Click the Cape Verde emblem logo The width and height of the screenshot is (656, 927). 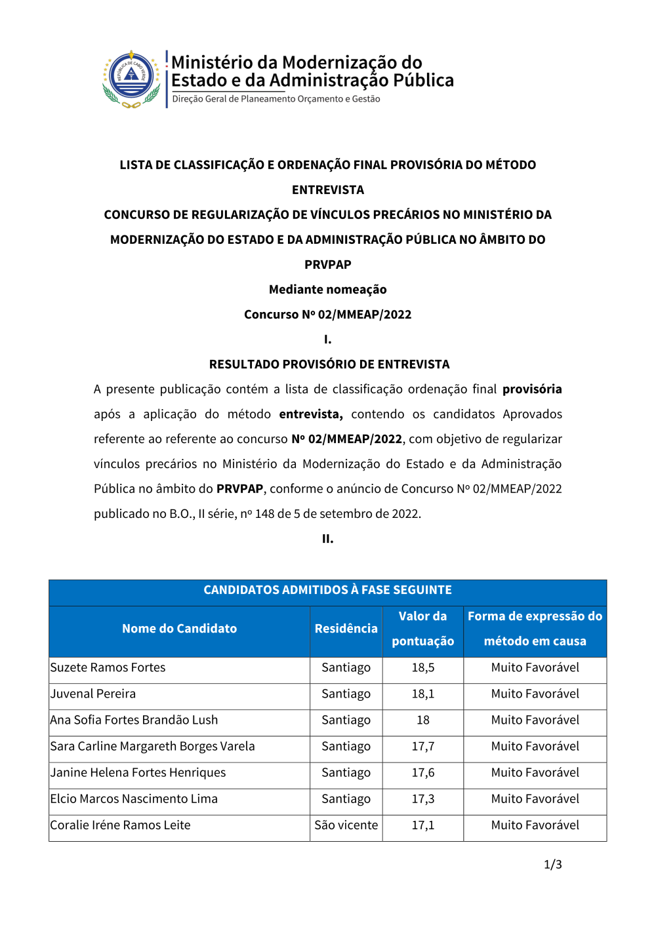tap(131, 79)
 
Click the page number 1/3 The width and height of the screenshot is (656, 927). tap(552, 864)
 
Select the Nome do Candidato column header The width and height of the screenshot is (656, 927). tap(179, 628)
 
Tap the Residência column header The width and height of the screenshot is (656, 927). tap(346, 628)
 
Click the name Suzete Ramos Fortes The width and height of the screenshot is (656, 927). tap(108, 667)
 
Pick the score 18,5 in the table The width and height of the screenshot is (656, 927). tap(423, 667)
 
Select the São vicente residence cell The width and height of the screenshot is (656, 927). tap(346, 825)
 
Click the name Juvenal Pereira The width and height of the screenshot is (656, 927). tap(93, 694)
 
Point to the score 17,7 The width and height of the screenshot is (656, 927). tap(423, 746)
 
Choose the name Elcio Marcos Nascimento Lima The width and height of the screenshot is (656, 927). tap(134, 799)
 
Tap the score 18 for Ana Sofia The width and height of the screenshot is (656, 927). tap(423, 720)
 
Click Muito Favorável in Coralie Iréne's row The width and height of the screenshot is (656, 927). tap(535, 825)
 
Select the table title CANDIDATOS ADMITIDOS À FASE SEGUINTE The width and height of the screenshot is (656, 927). tap(327, 589)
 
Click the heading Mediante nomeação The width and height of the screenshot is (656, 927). tap(327, 289)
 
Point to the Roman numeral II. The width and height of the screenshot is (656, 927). tap(327, 539)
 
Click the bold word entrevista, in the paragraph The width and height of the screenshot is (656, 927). tap(310, 414)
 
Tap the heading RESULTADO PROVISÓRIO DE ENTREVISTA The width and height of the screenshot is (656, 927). tap(329, 364)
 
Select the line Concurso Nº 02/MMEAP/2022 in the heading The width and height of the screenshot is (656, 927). tap(327, 314)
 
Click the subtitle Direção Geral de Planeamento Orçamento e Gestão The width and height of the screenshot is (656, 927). tap(276, 99)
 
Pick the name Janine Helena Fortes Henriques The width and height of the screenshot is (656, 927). tap(138, 772)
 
